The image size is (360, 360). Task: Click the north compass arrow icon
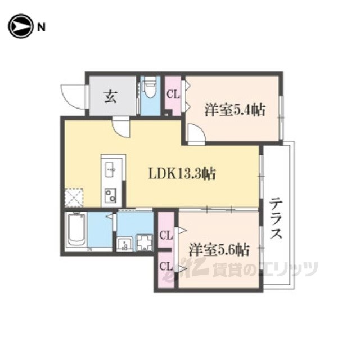coord(20,26)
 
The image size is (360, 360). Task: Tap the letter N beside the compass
coord(41,28)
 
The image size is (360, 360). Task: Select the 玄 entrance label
coord(111,96)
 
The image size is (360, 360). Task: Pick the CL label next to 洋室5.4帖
coord(173,94)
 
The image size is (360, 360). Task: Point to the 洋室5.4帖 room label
coord(235,110)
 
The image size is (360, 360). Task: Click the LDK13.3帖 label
coord(182,174)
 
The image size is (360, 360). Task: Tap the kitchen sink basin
coord(110,169)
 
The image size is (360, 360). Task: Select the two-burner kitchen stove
coord(110,196)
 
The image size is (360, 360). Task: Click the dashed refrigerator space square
coord(74,197)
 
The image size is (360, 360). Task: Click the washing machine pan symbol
coord(145,242)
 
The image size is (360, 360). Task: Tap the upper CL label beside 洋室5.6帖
coord(166,236)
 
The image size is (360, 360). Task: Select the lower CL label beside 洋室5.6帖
coord(166,267)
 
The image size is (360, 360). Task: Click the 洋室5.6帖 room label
coord(219,250)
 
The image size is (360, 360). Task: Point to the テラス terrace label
coord(275,218)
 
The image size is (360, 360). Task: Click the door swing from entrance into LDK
coord(121,129)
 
